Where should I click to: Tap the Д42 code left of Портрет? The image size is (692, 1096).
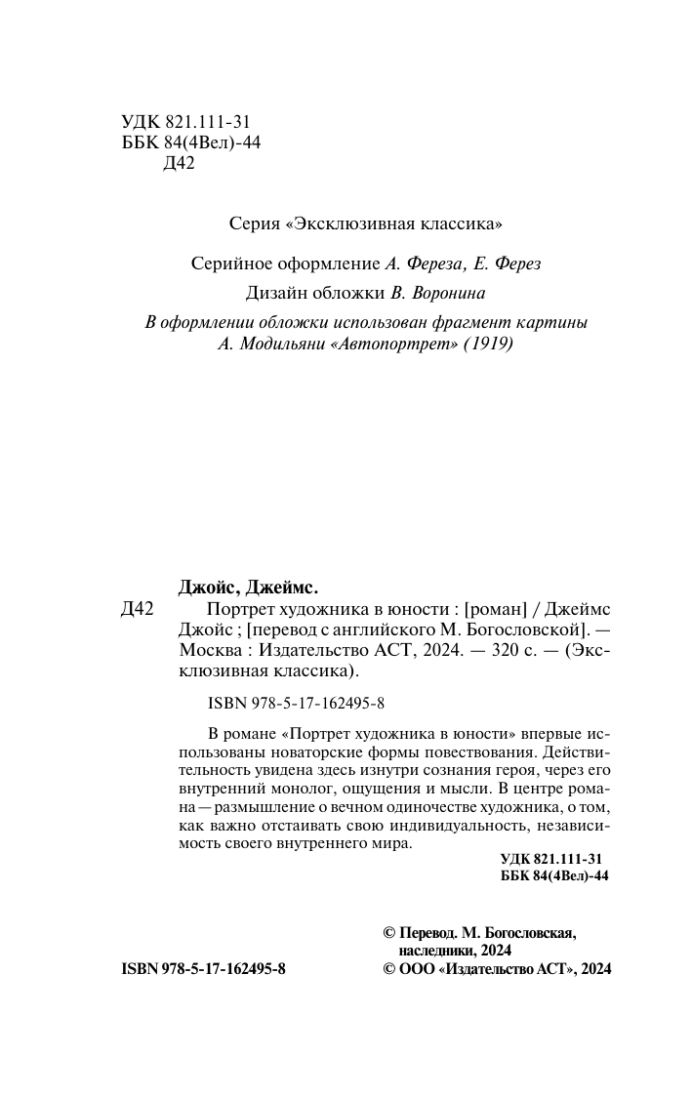pyautogui.click(x=138, y=608)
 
